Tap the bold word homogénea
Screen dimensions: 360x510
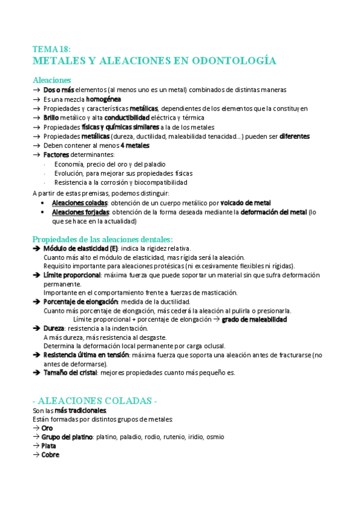tap(103, 99)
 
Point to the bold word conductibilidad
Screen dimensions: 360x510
tap(126, 118)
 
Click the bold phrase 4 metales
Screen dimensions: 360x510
tap(135, 146)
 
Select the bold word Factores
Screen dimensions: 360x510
tap(56, 155)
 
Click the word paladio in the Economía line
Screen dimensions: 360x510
tap(155, 164)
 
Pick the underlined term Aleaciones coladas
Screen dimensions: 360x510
tap(75, 203)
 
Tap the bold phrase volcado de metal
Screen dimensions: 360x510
tap(245, 203)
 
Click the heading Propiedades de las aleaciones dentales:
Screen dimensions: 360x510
tap(102, 239)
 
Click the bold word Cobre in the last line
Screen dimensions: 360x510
tap(50, 455)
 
